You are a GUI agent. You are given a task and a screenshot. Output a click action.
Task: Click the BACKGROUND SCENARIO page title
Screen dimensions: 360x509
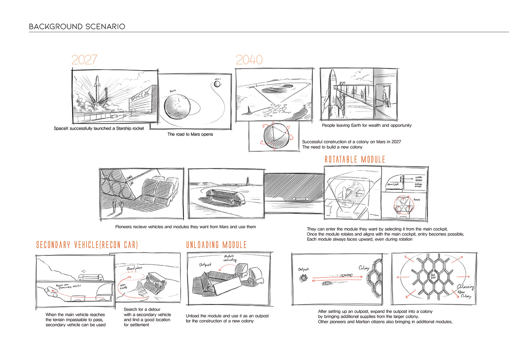(77, 27)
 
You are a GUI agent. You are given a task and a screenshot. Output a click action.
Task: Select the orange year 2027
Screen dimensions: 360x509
(84, 60)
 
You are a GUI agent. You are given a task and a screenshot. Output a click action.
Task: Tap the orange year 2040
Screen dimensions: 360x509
(249, 60)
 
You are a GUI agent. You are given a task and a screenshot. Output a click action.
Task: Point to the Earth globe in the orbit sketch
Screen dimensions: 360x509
(177, 106)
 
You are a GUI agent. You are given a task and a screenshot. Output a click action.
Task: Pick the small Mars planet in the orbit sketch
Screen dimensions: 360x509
(217, 84)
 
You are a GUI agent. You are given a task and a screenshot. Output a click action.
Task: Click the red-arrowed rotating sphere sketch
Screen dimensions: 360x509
(274, 136)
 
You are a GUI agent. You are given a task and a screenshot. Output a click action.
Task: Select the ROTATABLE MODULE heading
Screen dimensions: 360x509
(355, 159)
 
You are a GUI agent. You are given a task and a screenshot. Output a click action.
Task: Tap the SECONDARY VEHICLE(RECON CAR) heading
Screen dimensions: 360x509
(87, 245)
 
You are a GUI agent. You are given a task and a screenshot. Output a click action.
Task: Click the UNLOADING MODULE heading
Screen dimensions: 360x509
(216, 245)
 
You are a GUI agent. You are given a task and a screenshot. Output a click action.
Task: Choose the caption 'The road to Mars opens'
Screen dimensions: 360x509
(190, 134)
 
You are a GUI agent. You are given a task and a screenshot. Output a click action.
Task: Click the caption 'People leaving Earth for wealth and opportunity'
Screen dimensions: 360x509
(366, 125)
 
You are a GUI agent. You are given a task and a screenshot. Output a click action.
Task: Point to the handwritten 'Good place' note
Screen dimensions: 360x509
(134, 268)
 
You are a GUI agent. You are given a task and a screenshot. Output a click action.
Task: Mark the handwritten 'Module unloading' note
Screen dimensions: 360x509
(229, 258)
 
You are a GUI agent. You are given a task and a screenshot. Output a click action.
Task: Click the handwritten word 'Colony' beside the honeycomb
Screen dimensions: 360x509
(364, 268)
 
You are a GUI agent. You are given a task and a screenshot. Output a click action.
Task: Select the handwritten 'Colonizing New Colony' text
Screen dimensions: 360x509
(465, 291)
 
